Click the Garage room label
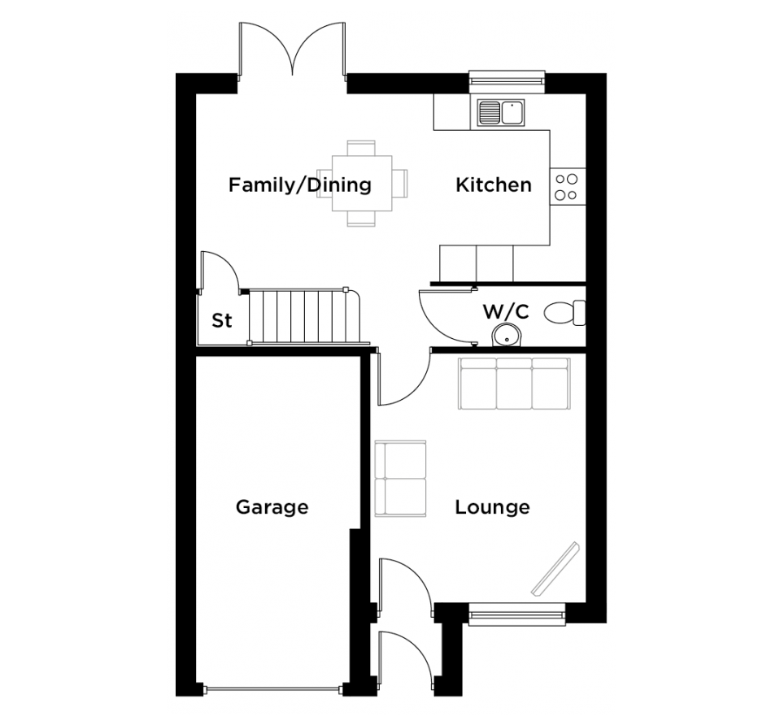pos(272,507)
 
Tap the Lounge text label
pos(493,507)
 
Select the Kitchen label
pos(494,185)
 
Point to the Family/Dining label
pos(300,185)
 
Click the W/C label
pos(506,312)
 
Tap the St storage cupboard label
pos(222,320)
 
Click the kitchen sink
pos(501,112)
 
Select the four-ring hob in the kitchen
pos(567,186)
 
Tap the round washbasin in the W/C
pos(507,336)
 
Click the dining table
pos(362,184)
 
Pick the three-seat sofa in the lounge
pos(515,384)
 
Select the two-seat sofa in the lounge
pos(400,478)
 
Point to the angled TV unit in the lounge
pos(555,569)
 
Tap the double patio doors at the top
pos(292,50)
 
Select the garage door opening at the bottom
pos(273,690)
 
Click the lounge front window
pos(517,614)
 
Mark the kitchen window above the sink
pos(507,82)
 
